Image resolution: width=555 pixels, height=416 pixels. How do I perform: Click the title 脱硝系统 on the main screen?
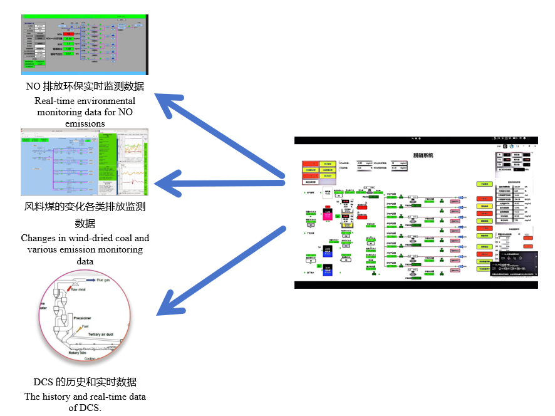[423, 155]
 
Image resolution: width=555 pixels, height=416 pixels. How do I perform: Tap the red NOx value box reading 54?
[69, 34]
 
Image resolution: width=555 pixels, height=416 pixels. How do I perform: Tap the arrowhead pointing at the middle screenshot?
[164, 184]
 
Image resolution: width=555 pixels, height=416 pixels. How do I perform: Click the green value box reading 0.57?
[70, 54]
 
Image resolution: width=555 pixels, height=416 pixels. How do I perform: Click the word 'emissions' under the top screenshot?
[85, 123]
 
